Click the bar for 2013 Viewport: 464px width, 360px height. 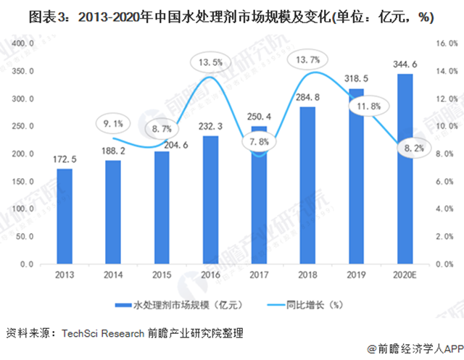(65, 217)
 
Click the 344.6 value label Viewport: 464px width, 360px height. (404, 64)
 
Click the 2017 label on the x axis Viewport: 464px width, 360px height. (258, 275)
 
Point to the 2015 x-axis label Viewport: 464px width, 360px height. (161, 275)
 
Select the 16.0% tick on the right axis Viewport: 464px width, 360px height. (444, 43)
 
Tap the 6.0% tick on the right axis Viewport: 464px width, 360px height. (444, 182)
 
